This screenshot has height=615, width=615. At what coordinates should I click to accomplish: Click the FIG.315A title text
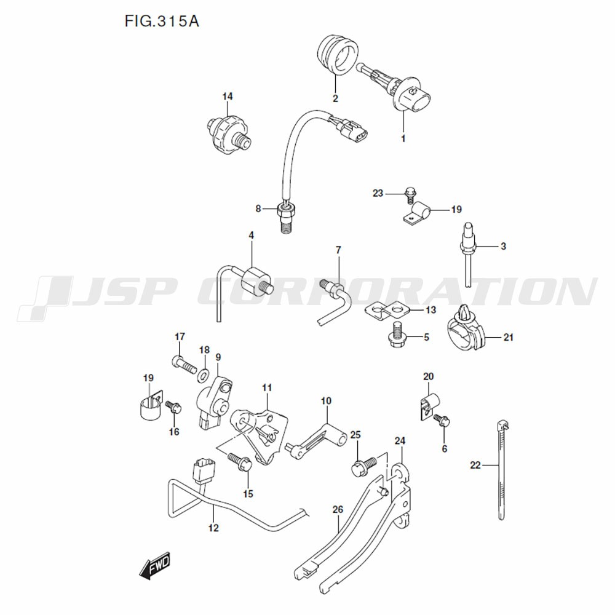(x=161, y=22)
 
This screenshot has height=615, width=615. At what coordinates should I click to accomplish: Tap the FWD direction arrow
(x=153, y=566)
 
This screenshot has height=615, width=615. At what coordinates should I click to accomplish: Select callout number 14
(x=228, y=97)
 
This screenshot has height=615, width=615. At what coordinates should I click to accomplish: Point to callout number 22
(x=475, y=465)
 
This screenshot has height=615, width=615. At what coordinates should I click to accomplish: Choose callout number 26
(x=337, y=510)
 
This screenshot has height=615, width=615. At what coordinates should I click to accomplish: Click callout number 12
(x=213, y=528)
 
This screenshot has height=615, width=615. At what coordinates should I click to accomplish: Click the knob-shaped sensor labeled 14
(x=228, y=130)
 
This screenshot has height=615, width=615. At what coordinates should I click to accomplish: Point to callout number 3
(x=502, y=247)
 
